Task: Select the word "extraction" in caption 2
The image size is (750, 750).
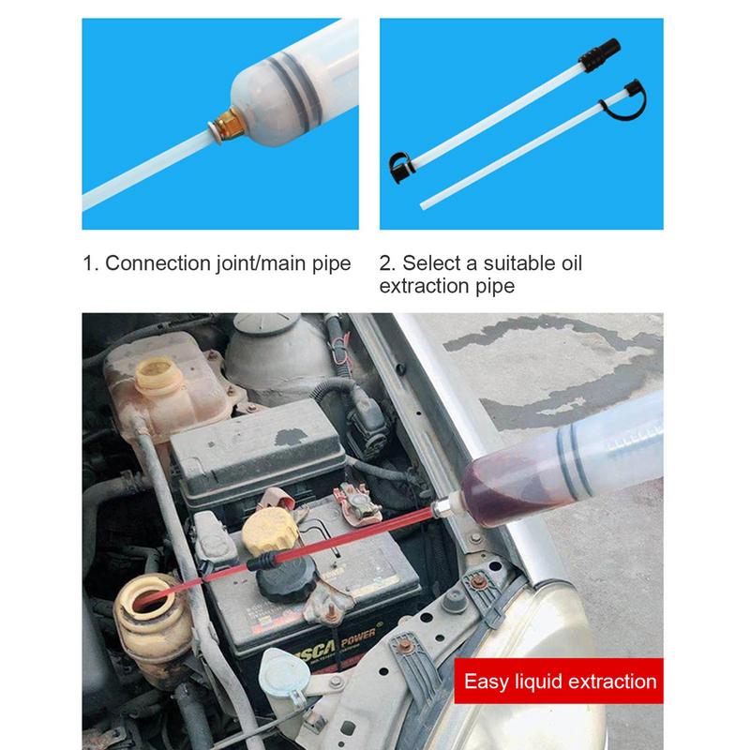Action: click(x=427, y=285)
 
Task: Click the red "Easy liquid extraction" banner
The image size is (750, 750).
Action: click(x=560, y=682)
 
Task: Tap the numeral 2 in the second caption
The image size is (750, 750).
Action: click(x=385, y=262)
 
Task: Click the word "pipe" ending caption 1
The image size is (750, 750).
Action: click(x=331, y=262)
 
